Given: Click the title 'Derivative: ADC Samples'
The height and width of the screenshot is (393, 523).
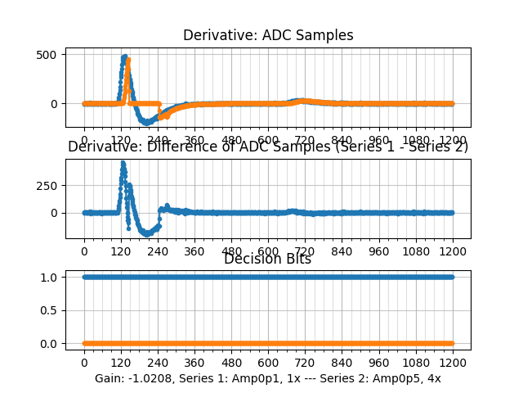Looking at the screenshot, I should [x=268, y=35].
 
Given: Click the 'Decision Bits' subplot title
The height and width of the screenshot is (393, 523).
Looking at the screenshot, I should [x=268, y=260].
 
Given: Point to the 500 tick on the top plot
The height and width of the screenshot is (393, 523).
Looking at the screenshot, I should [x=46, y=55].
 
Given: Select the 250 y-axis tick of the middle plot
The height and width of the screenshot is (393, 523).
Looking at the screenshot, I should [x=46, y=185].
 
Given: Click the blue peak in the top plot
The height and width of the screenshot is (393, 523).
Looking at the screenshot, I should [x=124, y=56].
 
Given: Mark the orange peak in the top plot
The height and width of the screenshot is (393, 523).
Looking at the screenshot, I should [x=128, y=60].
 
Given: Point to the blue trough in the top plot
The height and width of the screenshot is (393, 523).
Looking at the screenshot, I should [x=148, y=122].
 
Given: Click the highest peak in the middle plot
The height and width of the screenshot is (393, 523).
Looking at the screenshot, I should [x=123, y=162].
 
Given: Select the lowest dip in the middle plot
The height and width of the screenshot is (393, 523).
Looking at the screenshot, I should [x=147, y=234].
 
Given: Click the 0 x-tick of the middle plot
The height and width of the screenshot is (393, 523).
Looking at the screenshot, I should [x=84, y=251].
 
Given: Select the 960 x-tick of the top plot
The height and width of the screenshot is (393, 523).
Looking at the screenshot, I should [x=379, y=140].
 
